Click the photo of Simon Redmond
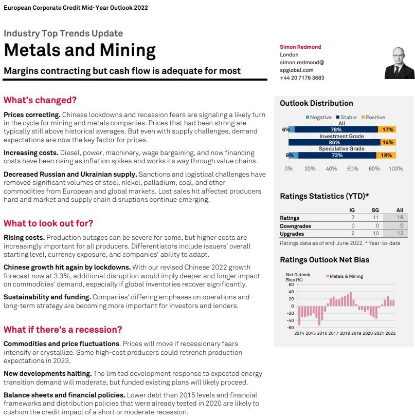pos(399,63)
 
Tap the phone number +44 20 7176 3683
pos(302,78)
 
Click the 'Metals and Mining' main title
pos(80,50)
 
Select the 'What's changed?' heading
pos(40,100)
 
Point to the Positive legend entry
pos(373,118)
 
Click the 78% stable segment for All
pos(336,129)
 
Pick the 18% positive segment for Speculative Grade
pos(386,155)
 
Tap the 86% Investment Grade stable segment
pos(334,142)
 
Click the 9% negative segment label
pos(290,155)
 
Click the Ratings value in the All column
pos(400,218)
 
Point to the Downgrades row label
pos(296,226)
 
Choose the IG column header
pos(352,210)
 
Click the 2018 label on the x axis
pos(345,333)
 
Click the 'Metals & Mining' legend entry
pos(346,276)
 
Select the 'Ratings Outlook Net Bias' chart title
pos(324,260)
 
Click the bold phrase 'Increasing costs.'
pos(31,153)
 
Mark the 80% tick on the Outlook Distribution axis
pos(374,169)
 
